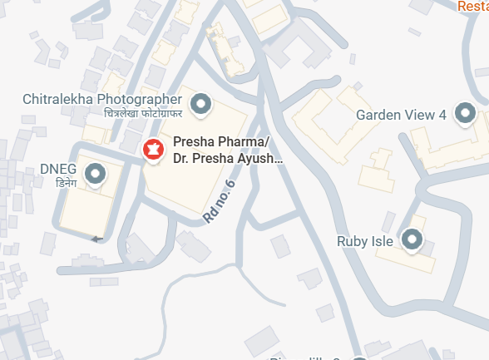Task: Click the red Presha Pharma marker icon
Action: coord(153,150)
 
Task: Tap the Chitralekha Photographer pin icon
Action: coord(200,105)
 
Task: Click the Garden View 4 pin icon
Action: coord(465,115)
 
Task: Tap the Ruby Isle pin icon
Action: coord(410,241)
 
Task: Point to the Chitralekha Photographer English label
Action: coord(102,100)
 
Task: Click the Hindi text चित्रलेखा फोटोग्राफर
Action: coord(142,113)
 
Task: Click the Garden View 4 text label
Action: coord(402,115)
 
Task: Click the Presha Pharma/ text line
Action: coord(221,142)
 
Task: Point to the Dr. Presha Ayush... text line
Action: coord(228,157)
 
